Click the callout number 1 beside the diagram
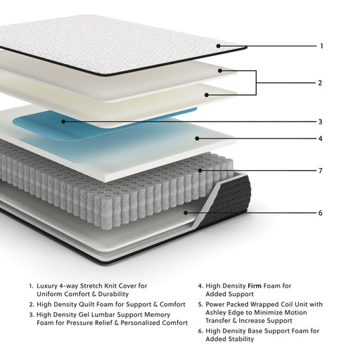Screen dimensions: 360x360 pos(321,46)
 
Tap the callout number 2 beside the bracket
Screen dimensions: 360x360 pos(320,83)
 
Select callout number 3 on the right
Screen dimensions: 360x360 pos(320,122)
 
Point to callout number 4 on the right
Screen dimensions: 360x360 pos(320,139)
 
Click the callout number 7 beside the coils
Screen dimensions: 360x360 pos(320,171)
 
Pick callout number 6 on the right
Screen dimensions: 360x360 pos(320,213)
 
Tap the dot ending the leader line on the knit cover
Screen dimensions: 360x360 pos(219,46)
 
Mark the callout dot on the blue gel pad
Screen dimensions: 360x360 pos(63,121)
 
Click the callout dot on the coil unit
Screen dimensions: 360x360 pos(200,170)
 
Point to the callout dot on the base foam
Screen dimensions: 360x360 pos(185,212)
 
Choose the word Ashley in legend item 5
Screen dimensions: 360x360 pos(219,313)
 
